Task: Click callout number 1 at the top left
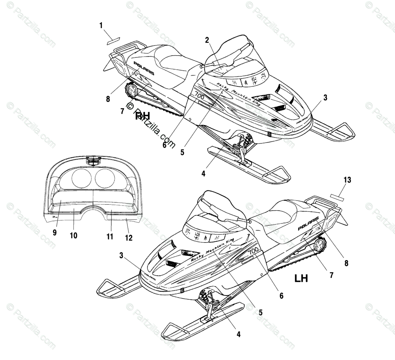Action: pyautogui.click(x=101, y=25)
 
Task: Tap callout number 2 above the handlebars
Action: pyautogui.click(x=207, y=40)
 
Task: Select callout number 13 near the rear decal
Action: pyautogui.click(x=347, y=180)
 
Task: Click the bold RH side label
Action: pyautogui.click(x=142, y=116)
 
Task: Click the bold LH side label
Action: pyautogui.click(x=301, y=279)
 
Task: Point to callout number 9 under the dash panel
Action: pyautogui.click(x=55, y=233)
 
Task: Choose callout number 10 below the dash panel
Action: pyautogui.click(x=73, y=235)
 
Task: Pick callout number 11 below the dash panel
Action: pyautogui.click(x=110, y=236)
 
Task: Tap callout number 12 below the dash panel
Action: pyautogui.click(x=129, y=238)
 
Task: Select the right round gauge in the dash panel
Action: pyautogui.click(x=105, y=177)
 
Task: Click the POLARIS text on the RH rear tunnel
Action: pyautogui.click(x=143, y=68)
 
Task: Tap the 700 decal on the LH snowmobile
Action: pyautogui.click(x=253, y=251)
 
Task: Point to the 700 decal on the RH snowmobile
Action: pyautogui.click(x=199, y=96)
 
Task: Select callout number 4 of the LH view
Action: pyautogui.click(x=238, y=334)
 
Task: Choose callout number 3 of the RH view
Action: pyautogui.click(x=325, y=98)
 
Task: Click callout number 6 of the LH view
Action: pyautogui.click(x=281, y=296)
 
